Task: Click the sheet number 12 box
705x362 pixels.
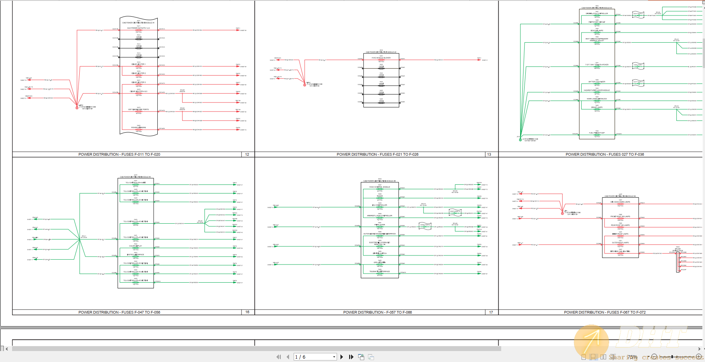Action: pyautogui.click(x=247, y=154)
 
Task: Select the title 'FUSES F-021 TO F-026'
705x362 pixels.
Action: pyautogui.click(x=377, y=154)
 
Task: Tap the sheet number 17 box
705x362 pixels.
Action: pyautogui.click(x=491, y=312)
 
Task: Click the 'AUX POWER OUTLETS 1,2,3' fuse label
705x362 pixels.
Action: pyautogui.click(x=139, y=28)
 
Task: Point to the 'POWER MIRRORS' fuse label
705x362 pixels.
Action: pyautogui.click(x=139, y=128)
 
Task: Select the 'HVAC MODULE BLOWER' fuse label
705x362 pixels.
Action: pyautogui.click(x=381, y=58)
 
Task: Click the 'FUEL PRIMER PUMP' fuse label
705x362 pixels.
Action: pyautogui.click(x=597, y=133)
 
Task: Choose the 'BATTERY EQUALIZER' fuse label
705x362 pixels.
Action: pyautogui.click(x=597, y=82)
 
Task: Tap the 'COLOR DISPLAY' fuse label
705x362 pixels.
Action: pyautogui.click(x=135, y=246)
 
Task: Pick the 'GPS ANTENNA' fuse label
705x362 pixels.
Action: pyautogui.click(x=380, y=262)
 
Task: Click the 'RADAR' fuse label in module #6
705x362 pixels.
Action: pyautogui.click(x=380, y=196)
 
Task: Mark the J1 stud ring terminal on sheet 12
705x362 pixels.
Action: pyautogui.click(x=77, y=107)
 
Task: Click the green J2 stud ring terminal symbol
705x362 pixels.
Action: pyautogui.click(x=520, y=139)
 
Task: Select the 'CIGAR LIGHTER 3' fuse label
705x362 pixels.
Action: pyautogui.click(x=139, y=82)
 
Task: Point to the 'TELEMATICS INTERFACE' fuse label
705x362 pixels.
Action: pyautogui.click(x=380, y=271)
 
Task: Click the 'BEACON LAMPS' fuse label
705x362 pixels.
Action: pyautogui.click(x=597, y=31)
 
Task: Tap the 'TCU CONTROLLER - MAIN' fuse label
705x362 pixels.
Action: pyautogui.click(x=135, y=183)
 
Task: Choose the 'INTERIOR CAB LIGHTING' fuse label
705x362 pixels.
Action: pyautogui.click(x=620, y=251)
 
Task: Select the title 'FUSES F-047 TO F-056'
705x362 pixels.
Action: pyautogui.click(x=119, y=312)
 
